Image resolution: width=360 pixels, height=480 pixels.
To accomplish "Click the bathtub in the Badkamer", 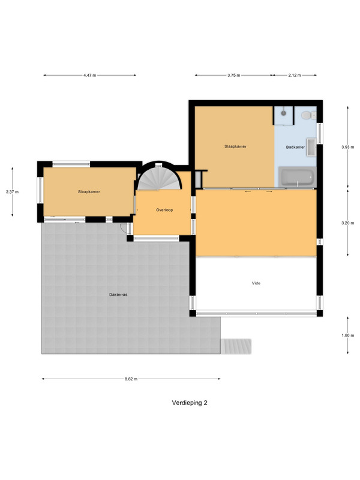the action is (297, 176).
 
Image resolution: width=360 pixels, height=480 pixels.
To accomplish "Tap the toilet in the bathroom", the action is (308, 115).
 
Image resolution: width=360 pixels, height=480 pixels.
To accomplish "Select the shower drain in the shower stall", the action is (283, 113).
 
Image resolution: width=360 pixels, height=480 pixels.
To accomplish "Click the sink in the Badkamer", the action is (311, 147).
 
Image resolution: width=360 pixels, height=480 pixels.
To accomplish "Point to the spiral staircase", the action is (159, 178).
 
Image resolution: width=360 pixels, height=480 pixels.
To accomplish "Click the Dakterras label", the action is (118, 295).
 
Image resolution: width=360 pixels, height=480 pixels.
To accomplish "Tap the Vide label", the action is (256, 283).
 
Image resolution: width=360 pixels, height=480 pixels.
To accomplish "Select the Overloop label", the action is (164, 210).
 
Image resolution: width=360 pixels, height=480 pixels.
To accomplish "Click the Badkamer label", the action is (295, 147).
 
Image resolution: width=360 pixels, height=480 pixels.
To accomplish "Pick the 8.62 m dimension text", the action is (131, 379).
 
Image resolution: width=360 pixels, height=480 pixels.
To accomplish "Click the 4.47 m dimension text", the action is (89, 76).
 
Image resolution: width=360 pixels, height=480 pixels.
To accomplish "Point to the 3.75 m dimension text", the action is (233, 76).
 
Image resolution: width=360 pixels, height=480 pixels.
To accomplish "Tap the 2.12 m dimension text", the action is (295, 76).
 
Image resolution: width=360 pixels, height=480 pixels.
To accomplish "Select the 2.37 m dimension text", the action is (12, 192).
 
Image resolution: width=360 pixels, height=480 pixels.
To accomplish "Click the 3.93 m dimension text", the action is (348, 147).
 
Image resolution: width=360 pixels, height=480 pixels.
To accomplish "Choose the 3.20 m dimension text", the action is (348, 223).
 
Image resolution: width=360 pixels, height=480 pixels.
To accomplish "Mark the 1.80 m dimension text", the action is (348, 335).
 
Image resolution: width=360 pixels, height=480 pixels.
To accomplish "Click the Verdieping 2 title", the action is (190, 403).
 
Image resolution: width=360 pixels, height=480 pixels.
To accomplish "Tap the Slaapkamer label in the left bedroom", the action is (89, 192).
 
